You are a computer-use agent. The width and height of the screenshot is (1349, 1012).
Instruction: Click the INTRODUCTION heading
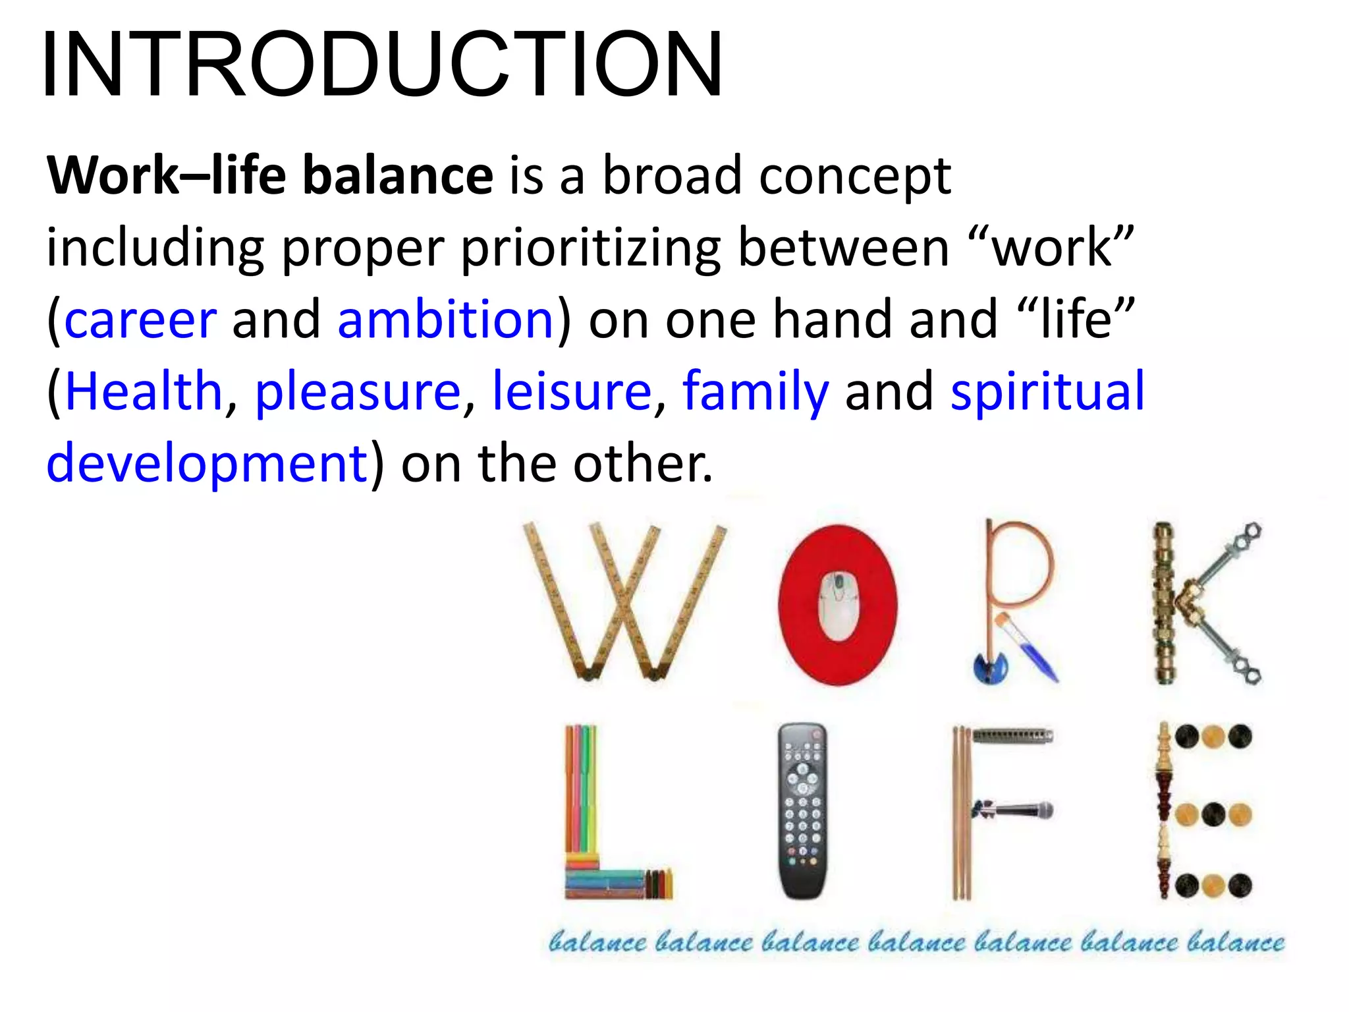[382, 65]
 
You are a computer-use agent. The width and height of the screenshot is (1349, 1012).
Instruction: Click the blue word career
[140, 320]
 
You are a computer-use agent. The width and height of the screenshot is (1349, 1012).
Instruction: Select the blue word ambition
[445, 320]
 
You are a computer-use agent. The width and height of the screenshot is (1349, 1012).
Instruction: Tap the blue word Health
[144, 391]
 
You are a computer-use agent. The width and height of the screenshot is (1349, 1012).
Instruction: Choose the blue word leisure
[572, 391]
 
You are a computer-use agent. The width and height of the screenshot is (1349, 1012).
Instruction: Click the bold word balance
[397, 176]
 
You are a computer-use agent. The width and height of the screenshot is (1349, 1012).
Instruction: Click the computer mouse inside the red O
[839, 605]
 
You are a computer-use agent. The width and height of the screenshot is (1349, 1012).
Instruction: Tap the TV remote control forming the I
[802, 810]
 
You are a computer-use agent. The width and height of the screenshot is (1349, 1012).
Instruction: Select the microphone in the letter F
[1014, 810]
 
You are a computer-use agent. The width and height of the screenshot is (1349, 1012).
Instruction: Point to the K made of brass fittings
[1202, 603]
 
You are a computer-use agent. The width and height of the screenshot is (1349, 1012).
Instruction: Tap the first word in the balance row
[597, 942]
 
